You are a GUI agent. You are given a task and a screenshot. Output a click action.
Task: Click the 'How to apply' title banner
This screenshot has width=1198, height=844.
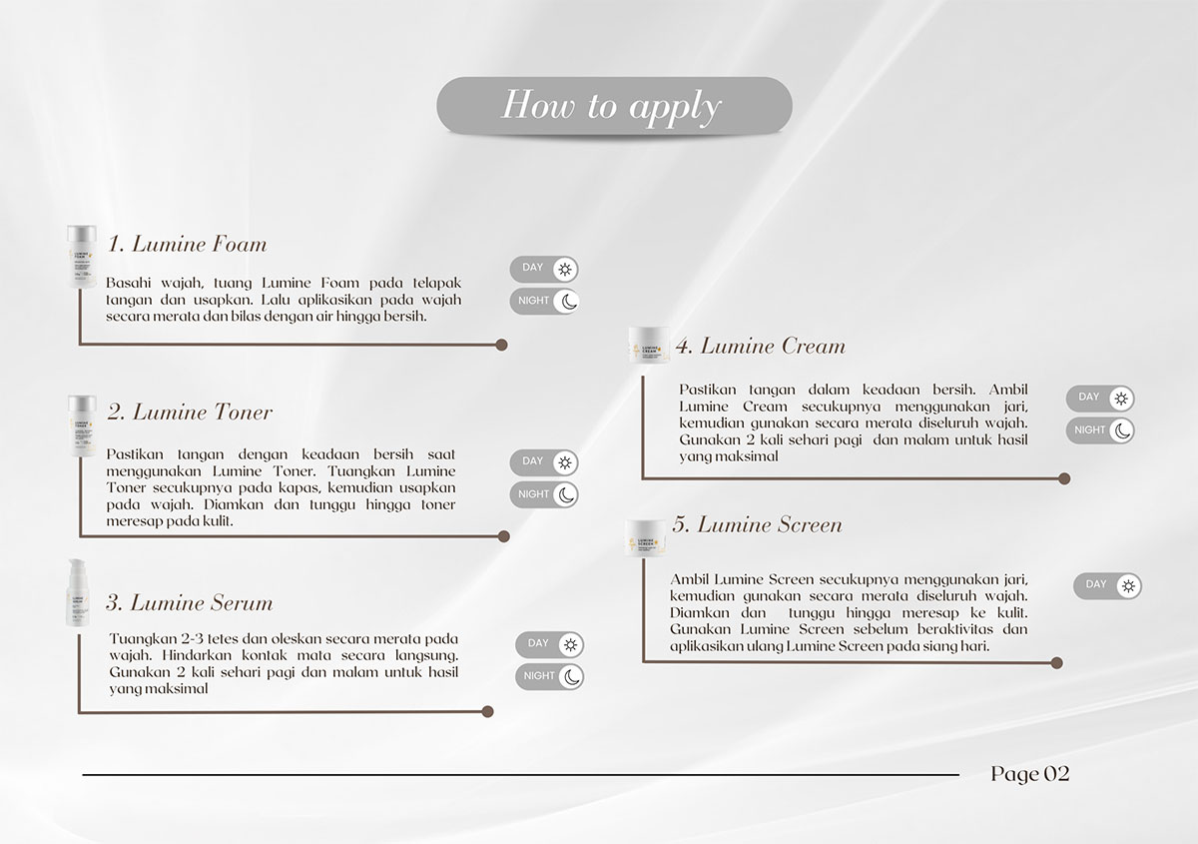point(613,105)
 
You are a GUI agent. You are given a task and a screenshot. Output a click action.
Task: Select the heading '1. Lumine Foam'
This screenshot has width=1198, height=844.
point(187,245)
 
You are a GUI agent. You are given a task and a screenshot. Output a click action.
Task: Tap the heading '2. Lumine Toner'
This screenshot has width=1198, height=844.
point(189,413)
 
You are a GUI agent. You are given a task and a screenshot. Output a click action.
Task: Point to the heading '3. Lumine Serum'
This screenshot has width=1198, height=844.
point(189,603)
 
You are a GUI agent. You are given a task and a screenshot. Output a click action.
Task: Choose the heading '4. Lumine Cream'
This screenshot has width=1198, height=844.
point(760,347)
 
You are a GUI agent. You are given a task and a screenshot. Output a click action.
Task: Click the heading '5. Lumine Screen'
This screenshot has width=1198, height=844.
point(757,525)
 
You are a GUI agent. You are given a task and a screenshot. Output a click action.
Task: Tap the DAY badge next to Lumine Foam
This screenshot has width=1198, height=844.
point(544,269)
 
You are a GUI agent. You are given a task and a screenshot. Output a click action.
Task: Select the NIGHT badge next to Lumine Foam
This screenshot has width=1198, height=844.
point(544,301)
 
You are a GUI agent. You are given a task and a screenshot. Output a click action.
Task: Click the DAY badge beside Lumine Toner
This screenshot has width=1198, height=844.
point(544,462)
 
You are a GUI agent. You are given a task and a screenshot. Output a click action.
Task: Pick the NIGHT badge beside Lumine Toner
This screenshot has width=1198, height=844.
point(544,494)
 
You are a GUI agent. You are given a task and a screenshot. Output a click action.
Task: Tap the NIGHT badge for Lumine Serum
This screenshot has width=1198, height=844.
point(549,676)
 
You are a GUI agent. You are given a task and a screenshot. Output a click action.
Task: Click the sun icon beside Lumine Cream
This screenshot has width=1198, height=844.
point(1121,399)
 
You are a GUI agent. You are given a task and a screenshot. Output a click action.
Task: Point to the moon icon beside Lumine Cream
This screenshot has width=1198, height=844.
point(1121,430)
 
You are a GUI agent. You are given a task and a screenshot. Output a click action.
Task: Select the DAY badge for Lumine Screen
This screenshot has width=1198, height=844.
point(1107,585)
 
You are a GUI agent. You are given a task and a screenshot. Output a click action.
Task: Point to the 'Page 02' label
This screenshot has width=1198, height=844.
point(1029,774)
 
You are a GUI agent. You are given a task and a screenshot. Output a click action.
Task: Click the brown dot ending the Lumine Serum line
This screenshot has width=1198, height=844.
point(487,712)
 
